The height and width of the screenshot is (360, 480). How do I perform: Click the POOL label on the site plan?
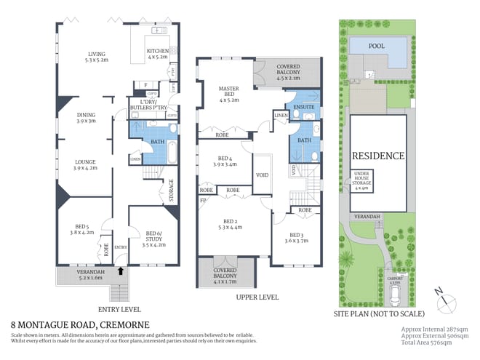376,45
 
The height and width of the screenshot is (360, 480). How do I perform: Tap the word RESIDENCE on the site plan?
377,156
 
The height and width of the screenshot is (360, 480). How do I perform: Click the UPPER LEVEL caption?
257,297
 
